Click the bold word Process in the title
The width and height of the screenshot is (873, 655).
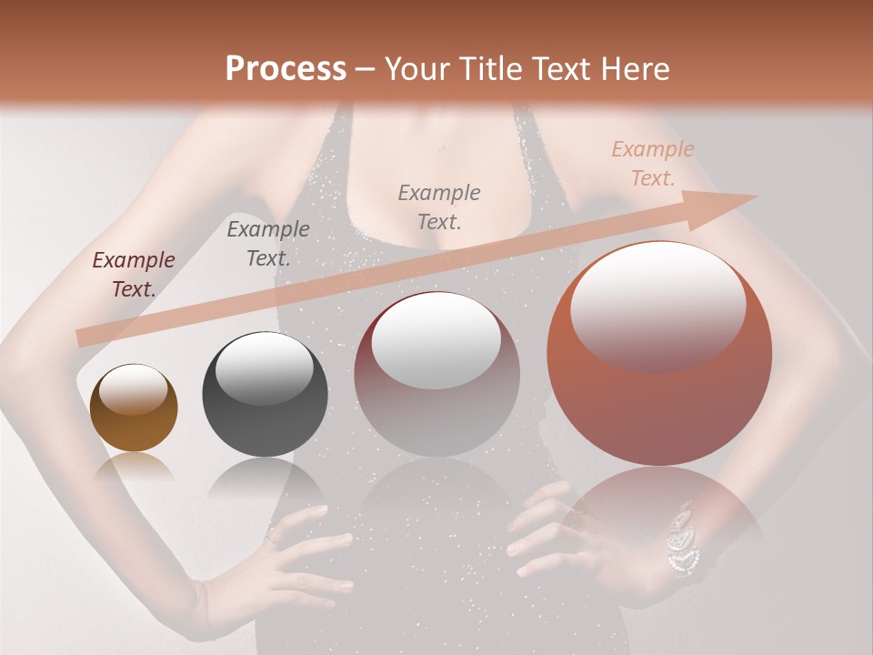[x=286, y=69]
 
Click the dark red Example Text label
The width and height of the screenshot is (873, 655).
[x=134, y=275]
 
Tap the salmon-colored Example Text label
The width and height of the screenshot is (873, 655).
[x=653, y=164]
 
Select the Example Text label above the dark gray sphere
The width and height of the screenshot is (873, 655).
[x=268, y=244]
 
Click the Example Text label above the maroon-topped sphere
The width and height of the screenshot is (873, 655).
[x=439, y=207]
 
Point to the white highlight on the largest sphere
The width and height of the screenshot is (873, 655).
[x=657, y=305]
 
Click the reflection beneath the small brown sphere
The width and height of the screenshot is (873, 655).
[x=134, y=468]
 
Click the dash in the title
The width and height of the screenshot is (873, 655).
[x=365, y=69]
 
